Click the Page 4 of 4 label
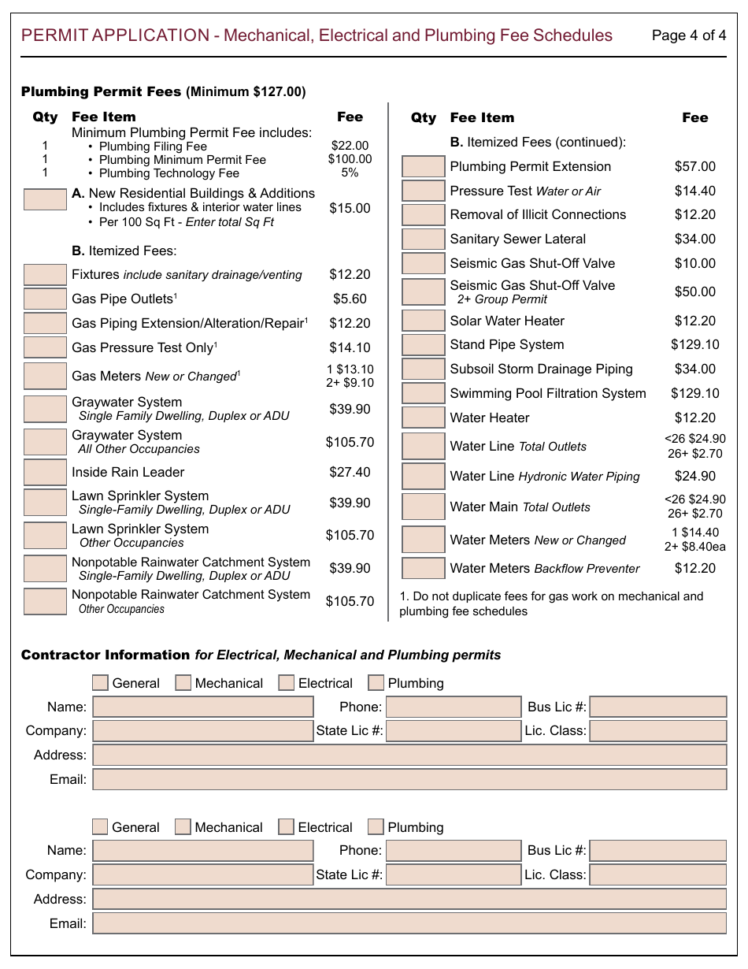(x=689, y=35)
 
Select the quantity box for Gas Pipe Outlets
(x=45, y=299)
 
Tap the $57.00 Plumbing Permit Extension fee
(x=694, y=166)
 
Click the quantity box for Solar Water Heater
(x=423, y=321)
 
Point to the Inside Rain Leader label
(x=128, y=472)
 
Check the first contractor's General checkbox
(x=100, y=683)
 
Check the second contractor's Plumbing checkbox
(x=376, y=827)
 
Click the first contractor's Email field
(x=409, y=779)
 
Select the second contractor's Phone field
(x=454, y=851)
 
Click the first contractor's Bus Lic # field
(x=657, y=707)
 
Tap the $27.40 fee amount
(x=350, y=472)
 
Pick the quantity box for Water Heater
(x=423, y=418)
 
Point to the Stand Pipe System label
(x=506, y=344)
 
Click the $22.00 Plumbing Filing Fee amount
(x=350, y=146)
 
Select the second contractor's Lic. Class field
(x=657, y=874)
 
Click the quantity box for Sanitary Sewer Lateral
(x=423, y=239)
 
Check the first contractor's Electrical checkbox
(x=287, y=683)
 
